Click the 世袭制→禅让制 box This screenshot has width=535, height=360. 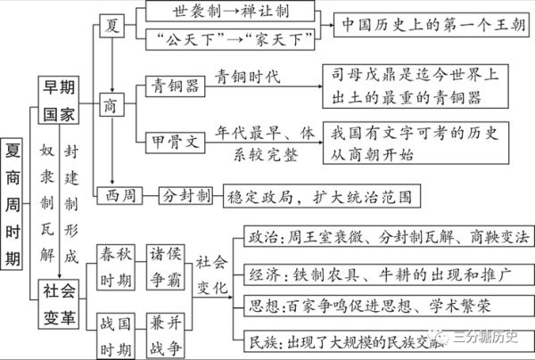[230, 12]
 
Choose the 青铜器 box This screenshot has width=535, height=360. [169, 87]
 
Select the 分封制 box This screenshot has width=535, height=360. [185, 195]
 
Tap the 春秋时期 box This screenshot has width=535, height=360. [116, 266]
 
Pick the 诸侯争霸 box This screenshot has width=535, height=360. [165, 266]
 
